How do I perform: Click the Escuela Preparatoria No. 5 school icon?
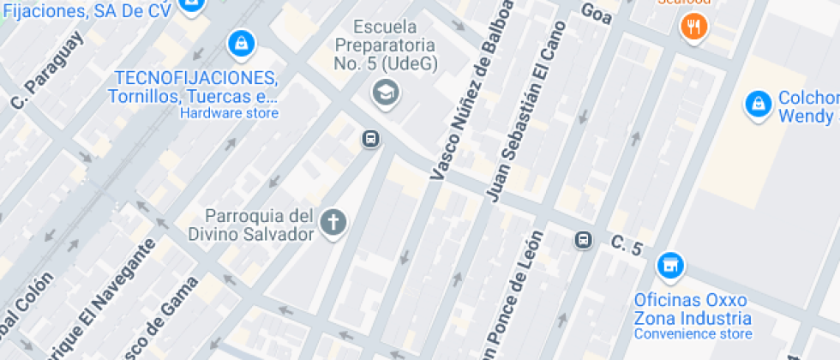coord(385,92)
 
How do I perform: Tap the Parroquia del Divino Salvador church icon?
coord(333,224)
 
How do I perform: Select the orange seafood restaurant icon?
coord(693,27)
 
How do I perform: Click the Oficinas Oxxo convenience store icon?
coord(670,267)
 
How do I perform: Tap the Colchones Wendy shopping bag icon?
coord(758,105)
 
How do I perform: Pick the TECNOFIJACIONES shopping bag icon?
coord(242,42)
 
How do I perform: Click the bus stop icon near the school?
coord(370,138)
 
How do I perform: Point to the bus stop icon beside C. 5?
coord(584,239)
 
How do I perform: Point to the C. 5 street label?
coord(627,245)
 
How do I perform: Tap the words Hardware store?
coord(229,113)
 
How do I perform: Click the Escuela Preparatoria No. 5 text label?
coord(385,45)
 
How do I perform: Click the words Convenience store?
coord(693,333)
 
